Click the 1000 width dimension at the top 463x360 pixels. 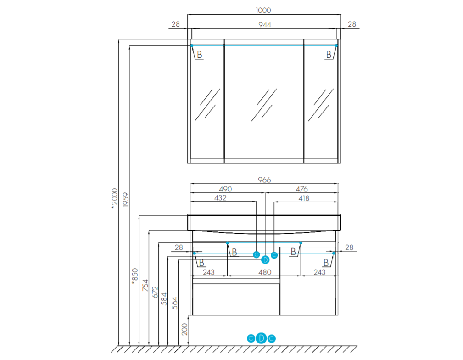pyautogui.click(x=263, y=11)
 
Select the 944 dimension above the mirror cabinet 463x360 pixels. pyautogui.click(x=265, y=24)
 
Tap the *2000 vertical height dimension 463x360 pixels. pyautogui.click(x=115, y=199)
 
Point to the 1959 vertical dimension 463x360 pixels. pyautogui.click(x=125, y=200)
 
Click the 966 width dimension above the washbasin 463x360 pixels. pyautogui.click(x=264, y=180)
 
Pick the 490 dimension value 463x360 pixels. pyautogui.click(x=225, y=189)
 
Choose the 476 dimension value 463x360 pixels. pyautogui.click(x=301, y=189)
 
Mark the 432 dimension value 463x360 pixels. pyautogui.click(x=220, y=198)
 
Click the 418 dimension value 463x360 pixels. pyautogui.click(x=304, y=198)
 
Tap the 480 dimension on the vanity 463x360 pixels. pyautogui.click(x=265, y=272)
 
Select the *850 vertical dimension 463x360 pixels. pyautogui.click(x=134, y=276)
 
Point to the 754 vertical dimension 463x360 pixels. pyautogui.click(x=145, y=286)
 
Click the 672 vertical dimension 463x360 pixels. pyautogui.click(x=155, y=292)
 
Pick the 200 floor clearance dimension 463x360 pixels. pyautogui.click(x=184, y=329)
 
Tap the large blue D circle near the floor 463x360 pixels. pyautogui.click(x=261, y=338)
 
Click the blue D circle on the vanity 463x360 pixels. pyautogui.click(x=265, y=260)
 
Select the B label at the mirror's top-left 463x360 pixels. pyautogui.click(x=200, y=55)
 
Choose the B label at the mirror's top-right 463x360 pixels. pyautogui.click(x=329, y=55)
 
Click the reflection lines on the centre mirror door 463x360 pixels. pyautogui.click(x=264, y=105)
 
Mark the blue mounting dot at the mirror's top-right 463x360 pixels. pyautogui.click(x=336, y=45)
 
